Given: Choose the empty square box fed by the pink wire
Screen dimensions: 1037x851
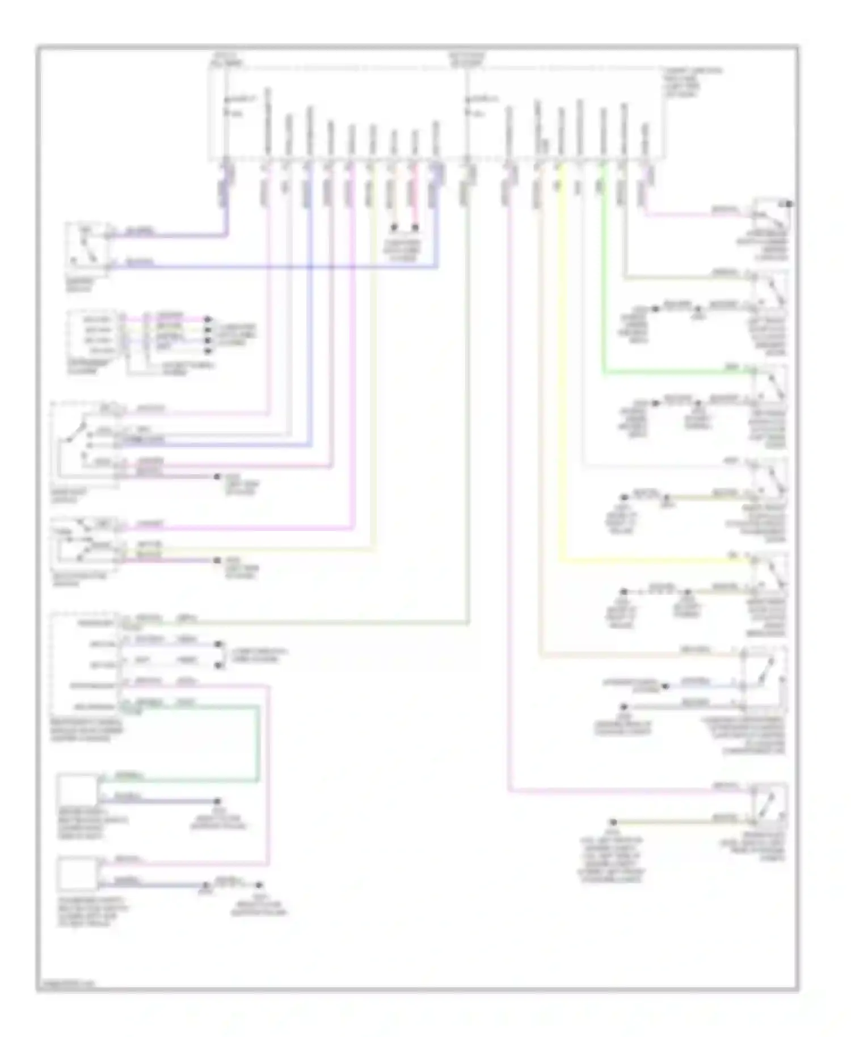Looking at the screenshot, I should (x=79, y=874).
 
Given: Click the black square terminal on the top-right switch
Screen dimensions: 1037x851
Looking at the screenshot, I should (x=789, y=204).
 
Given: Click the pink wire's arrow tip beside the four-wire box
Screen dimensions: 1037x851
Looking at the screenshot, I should (x=208, y=319).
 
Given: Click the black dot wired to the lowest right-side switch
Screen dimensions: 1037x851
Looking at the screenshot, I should (x=613, y=822).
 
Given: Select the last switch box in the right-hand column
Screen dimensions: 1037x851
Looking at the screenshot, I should (x=769, y=804).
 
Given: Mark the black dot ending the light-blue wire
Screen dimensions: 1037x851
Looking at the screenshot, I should (x=665, y=686).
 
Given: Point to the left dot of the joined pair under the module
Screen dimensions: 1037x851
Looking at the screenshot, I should (x=394, y=228).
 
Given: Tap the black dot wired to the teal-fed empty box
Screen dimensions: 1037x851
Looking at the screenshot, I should (x=217, y=802).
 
